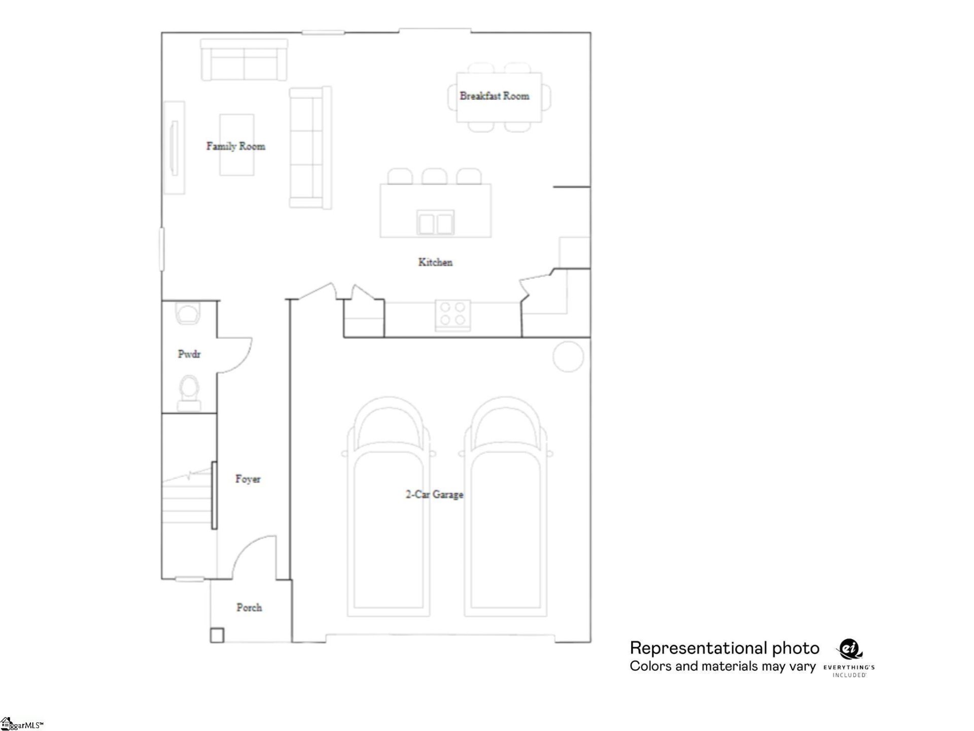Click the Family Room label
[235, 146]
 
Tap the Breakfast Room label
[494, 96]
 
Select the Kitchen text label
[435, 262]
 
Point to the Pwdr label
[189, 354]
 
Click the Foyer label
[248, 479]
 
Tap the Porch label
[249, 608]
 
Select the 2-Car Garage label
[434, 494]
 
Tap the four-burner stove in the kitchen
[453, 314]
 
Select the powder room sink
[188, 313]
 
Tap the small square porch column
[217, 635]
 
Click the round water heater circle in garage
[568, 357]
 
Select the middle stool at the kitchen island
[434, 177]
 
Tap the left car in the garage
[389, 508]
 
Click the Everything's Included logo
[849, 658]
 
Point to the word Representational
[697, 648]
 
